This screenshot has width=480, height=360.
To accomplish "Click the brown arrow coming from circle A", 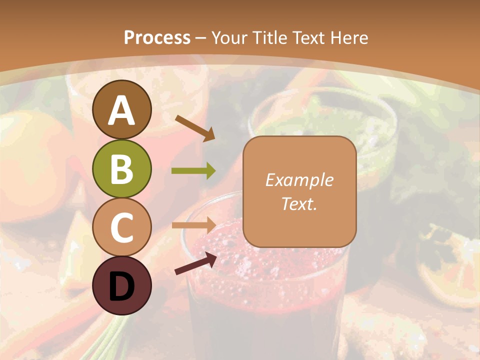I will click(x=195, y=128).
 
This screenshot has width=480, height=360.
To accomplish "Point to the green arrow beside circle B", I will click(x=193, y=171).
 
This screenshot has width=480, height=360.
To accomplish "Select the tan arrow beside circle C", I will click(x=193, y=225).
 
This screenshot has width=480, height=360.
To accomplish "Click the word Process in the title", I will click(x=157, y=37).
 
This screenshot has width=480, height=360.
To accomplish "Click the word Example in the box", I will click(x=299, y=180).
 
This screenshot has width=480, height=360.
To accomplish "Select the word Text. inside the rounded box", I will click(x=299, y=203).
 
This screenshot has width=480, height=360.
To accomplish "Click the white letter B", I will click(x=122, y=169).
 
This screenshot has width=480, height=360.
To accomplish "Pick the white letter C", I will click(x=122, y=228).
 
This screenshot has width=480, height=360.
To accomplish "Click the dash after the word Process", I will click(x=201, y=38).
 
